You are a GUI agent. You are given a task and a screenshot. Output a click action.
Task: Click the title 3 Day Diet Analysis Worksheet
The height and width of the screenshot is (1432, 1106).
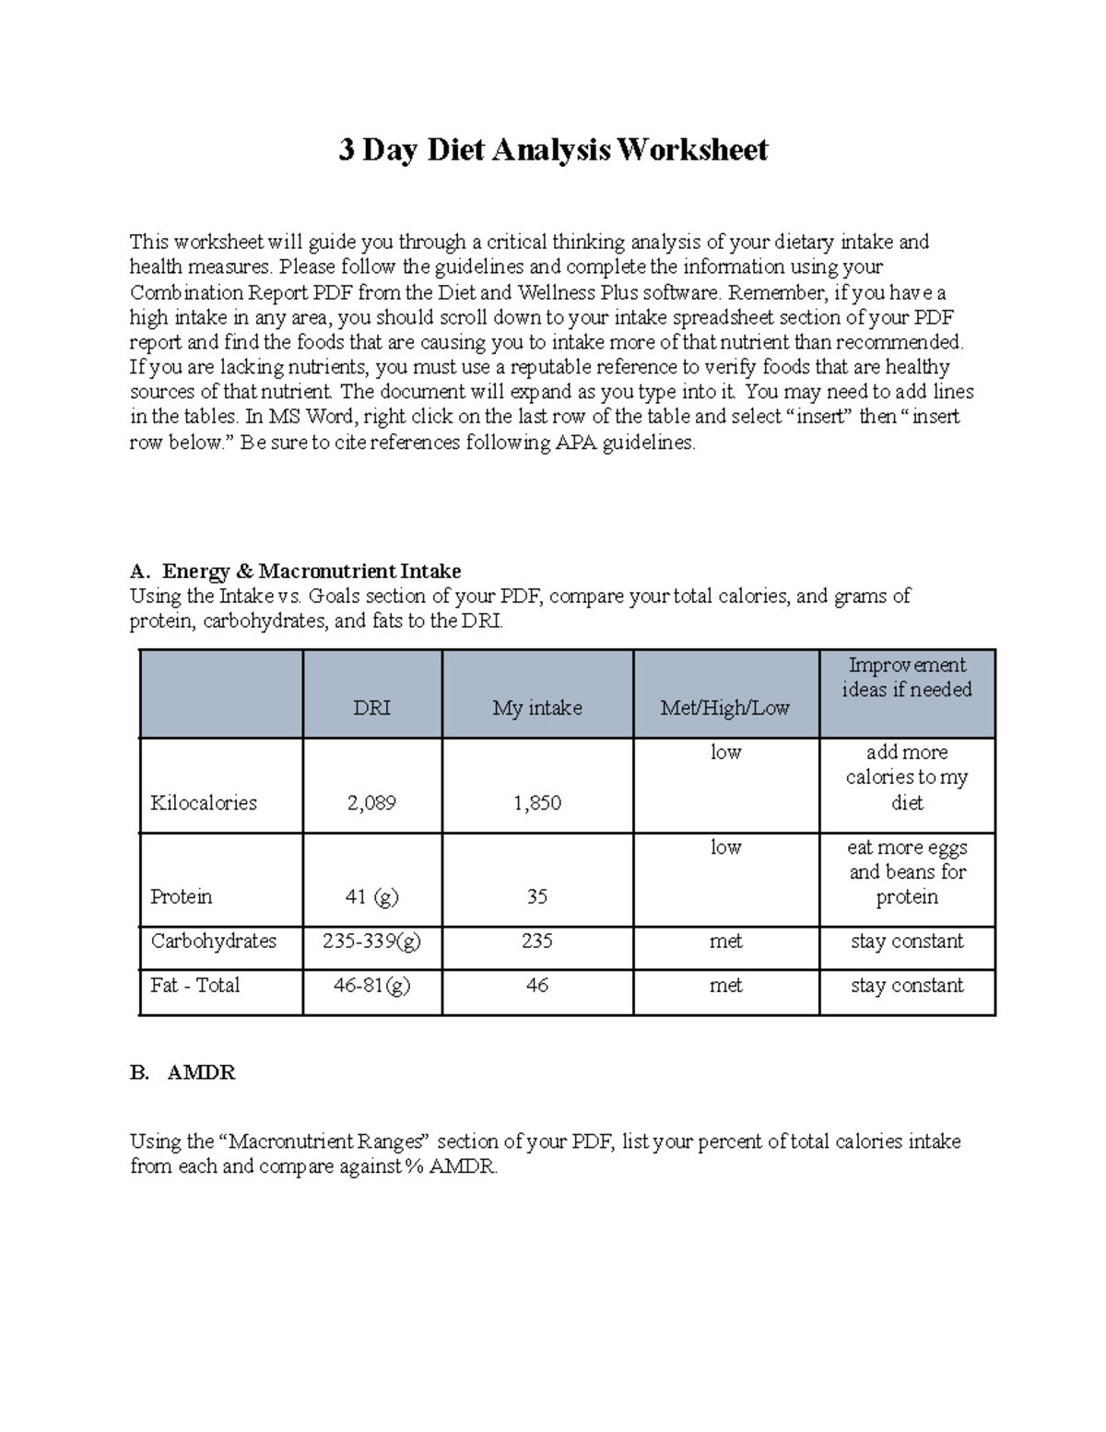[553, 149]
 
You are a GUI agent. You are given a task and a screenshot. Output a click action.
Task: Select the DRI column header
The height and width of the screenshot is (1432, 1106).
[371, 707]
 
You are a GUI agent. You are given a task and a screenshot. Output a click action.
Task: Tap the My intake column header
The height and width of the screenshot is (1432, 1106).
[536, 707]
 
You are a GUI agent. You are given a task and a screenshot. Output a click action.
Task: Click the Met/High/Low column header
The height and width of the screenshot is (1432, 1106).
[724, 707]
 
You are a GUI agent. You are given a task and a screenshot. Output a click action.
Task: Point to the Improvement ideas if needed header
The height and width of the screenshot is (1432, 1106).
[907, 678]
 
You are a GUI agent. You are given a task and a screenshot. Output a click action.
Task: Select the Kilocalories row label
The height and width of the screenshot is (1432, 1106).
[203, 802]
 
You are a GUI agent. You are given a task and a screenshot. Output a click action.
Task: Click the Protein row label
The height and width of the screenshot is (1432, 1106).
[181, 896]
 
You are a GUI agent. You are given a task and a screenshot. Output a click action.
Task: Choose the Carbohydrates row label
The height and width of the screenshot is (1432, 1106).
[213, 941]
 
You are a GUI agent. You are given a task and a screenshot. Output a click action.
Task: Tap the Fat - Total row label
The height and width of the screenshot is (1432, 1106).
[194, 985]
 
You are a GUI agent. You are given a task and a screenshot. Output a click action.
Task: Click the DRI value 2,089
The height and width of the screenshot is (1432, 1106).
[371, 802]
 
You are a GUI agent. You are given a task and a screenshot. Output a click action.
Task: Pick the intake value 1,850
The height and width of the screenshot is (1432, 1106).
[536, 802]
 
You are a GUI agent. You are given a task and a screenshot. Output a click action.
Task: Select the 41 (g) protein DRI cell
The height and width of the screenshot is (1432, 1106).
[371, 896]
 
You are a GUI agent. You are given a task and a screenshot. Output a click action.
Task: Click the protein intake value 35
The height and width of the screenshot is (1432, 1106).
[536, 896]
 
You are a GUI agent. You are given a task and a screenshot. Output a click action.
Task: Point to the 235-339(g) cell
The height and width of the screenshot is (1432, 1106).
[371, 941]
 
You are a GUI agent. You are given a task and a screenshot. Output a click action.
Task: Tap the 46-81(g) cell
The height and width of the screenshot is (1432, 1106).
[371, 985]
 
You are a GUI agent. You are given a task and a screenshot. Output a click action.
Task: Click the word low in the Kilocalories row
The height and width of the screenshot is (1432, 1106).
[725, 752]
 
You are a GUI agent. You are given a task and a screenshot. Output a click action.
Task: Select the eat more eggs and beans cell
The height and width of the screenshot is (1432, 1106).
[907, 871]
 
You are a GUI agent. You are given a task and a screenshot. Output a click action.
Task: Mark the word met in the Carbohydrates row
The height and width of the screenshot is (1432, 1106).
[725, 941]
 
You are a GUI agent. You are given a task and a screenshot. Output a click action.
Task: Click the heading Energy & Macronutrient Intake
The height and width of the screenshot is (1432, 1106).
[312, 571]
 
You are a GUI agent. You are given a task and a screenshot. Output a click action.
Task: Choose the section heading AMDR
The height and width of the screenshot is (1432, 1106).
[201, 1072]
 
